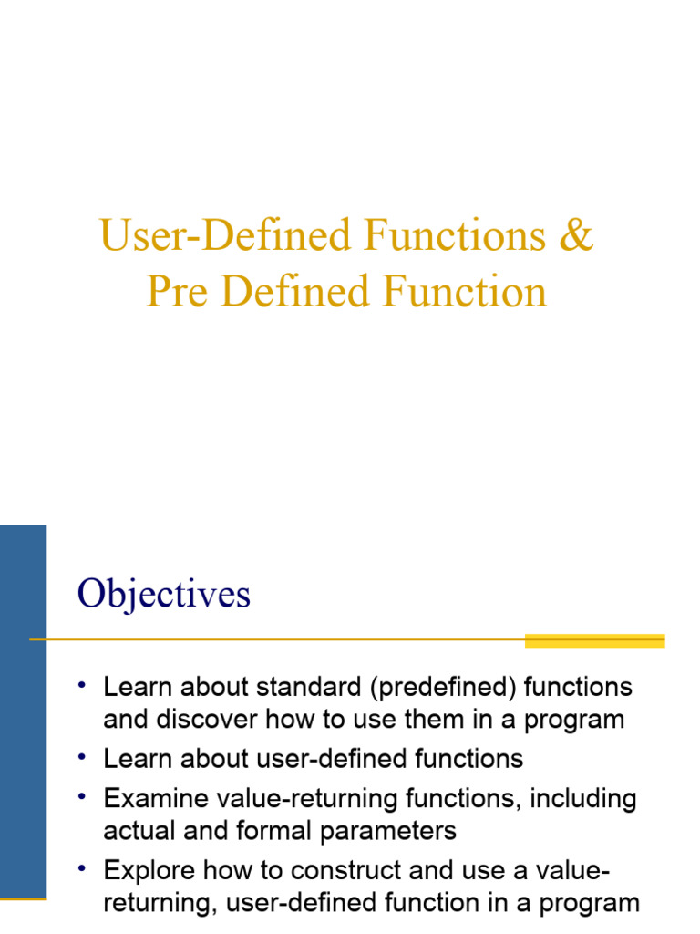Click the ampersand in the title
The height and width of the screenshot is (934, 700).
576,234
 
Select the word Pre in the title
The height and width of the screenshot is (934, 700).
178,291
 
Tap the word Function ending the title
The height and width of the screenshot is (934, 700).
464,291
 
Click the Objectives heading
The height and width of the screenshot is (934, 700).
164,594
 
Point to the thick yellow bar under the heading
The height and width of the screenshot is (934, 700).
594,640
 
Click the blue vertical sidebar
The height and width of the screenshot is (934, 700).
23,711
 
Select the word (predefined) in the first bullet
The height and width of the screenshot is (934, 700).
443,687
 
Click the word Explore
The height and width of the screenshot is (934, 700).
149,870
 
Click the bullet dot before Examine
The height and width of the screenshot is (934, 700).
82,796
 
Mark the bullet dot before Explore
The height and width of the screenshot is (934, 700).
82,868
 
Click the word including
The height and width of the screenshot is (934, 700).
583,799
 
